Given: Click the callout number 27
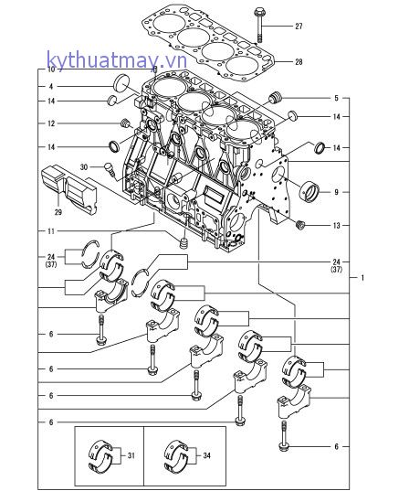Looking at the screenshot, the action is click(x=299, y=27).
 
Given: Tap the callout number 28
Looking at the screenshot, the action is click(x=299, y=61).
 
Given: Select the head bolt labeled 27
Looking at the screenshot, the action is click(x=259, y=25).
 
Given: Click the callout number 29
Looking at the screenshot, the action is click(x=58, y=212).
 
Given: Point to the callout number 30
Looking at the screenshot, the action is click(x=84, y=167).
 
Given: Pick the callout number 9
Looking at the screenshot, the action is click(x=336, y=192).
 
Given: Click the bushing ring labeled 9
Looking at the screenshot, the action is click(x=309, y=190).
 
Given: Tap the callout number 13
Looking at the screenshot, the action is click(x=336, y=225).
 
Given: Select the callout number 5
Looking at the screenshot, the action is click(x=336, y=98).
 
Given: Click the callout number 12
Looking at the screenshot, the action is click(x=51, y=123).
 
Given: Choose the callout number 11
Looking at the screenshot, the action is click(x=51, y=231).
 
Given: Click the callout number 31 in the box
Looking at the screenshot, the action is click(x=131, y=455).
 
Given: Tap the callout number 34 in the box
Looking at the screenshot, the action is click(x=206, y=455).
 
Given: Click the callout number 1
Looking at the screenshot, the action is click(x=362, y=277).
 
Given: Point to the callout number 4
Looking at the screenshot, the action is click(x=51, y=87).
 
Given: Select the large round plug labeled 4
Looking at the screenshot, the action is click(x=121, y=83).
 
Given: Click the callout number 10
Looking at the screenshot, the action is click(x=51, y=69).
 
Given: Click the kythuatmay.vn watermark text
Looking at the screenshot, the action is click(x=117, y=60).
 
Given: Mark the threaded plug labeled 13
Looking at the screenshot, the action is click(x=300, y=225).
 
